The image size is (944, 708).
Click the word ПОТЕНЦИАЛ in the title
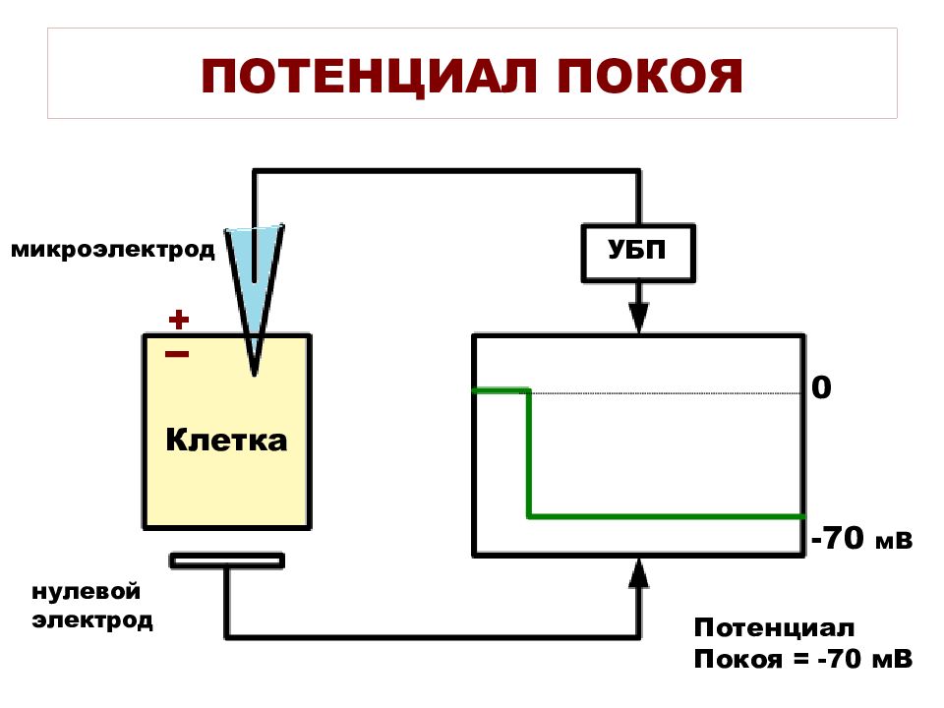369,77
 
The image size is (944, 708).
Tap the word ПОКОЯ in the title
650,77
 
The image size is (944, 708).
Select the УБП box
638,253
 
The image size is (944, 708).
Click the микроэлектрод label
112,249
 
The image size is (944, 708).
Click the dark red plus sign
179,319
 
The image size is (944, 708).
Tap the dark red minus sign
177,354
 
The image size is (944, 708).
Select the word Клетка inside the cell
226,440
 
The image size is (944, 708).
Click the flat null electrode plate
227,561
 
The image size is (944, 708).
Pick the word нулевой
87,591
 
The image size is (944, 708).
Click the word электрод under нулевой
92,620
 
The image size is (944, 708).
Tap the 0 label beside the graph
822,387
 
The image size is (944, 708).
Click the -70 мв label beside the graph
862,538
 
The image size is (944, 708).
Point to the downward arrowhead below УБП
638,318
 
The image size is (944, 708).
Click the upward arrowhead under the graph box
638,572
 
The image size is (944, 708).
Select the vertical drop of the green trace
529,453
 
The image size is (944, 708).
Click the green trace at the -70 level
667,516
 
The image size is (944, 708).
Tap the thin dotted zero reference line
667,393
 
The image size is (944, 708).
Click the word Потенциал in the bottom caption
774,627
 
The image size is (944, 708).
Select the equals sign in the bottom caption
802,659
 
